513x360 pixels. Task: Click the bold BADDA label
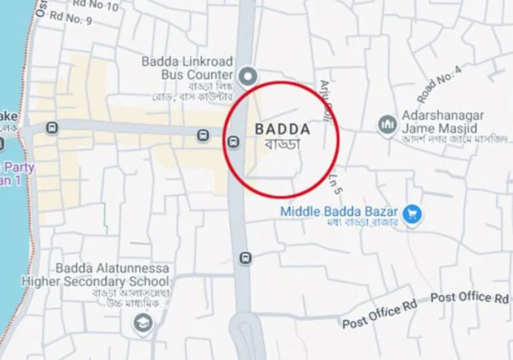pyautogui.click(x=282, y=129)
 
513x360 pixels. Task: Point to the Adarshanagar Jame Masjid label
pyautogui.click(x=443, y=121)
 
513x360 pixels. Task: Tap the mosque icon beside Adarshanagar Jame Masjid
pyautogui.click(x=387, y=125)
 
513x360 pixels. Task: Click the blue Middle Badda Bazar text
pyautogui.click(x=340, y=212)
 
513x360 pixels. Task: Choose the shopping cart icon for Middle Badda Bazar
pyautogui.click(x=413, y=213)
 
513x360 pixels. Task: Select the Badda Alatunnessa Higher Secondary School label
pyautogui.click(x=96, y=275)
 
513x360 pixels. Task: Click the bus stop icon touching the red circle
pyautogui.click(x=234, y=141)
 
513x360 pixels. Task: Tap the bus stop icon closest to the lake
pyautogui.click(x=52, y=127)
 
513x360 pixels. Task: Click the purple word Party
pyautogui.click(x=19, y=167)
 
